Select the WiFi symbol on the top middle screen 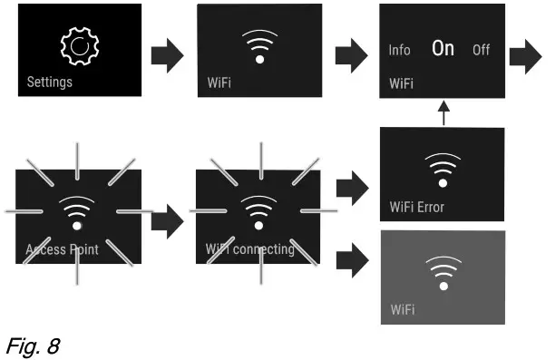259,45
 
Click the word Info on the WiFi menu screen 400,51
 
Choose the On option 443,49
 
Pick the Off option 481,51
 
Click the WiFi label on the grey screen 403,310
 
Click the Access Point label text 63,248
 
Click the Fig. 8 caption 29,343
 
